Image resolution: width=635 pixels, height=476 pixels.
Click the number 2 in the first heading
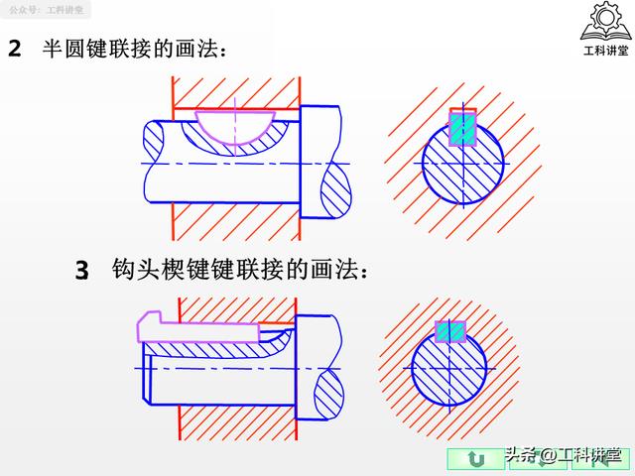click(x=15, y=49)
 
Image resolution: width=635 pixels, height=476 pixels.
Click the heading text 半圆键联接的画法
click(x=134, y=49)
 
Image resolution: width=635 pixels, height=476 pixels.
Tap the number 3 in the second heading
click(x=81, y=270)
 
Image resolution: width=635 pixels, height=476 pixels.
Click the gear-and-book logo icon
click(x=605, y=21)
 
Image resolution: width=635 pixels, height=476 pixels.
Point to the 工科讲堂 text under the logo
click(x=606, y=51)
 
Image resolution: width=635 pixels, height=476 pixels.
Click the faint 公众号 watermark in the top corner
click(x=46, y=10)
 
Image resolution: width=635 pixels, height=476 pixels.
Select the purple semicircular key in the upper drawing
click(x=235, y=128)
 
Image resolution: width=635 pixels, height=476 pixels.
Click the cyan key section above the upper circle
click(x=462, y=129)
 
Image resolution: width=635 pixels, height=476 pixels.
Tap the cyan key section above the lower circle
click(x=450, y=332)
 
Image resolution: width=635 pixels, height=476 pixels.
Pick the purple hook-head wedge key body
click(x=198, y=328)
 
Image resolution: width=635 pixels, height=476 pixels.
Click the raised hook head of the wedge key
click(x=150, y=317)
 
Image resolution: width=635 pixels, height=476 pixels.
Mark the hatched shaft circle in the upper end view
click(x=463, y=163)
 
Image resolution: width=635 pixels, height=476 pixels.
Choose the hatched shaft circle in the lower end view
click(x=449, y=368)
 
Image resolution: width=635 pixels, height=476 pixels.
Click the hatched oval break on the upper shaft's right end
click(x=335, y=189)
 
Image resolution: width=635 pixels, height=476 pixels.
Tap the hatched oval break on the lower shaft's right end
click(x=328, y=394)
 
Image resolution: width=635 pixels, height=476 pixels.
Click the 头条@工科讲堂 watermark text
click(x=563, y=455)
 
